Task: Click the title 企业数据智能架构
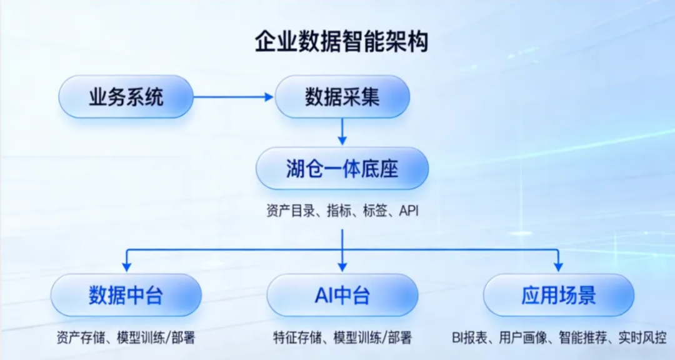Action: coord(341,42)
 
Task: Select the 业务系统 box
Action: coord(126,97)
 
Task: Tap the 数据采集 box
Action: coord(342,97)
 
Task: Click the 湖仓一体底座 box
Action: coord(342,169)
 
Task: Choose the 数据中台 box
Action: coord(126,295)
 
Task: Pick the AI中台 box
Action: coord(342,295)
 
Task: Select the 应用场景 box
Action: coord(558,295)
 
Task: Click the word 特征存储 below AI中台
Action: coord(293,338)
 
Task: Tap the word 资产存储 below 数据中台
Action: coord(77,338)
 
